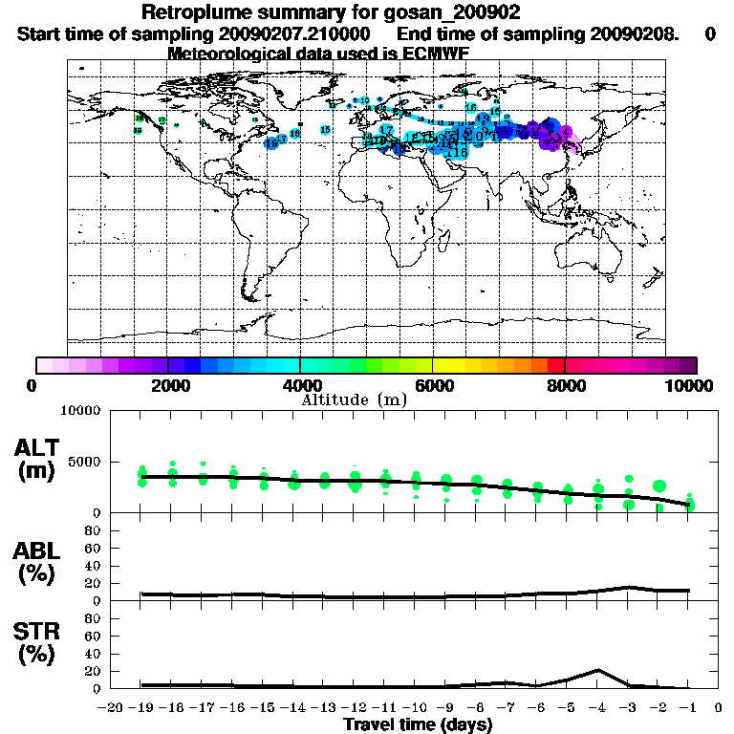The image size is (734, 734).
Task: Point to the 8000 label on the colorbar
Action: pyautogui.click(x=565, y=386)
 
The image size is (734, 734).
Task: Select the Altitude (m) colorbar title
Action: pyautogui.click(x=354, y=399)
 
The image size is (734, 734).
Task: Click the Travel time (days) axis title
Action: pyautogui.click(x=418, y=725)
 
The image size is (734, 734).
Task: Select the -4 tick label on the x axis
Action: pyautogui.click(x=597, y=708)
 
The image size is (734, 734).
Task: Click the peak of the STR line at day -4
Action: pyautogui.click(x=597, y=670)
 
